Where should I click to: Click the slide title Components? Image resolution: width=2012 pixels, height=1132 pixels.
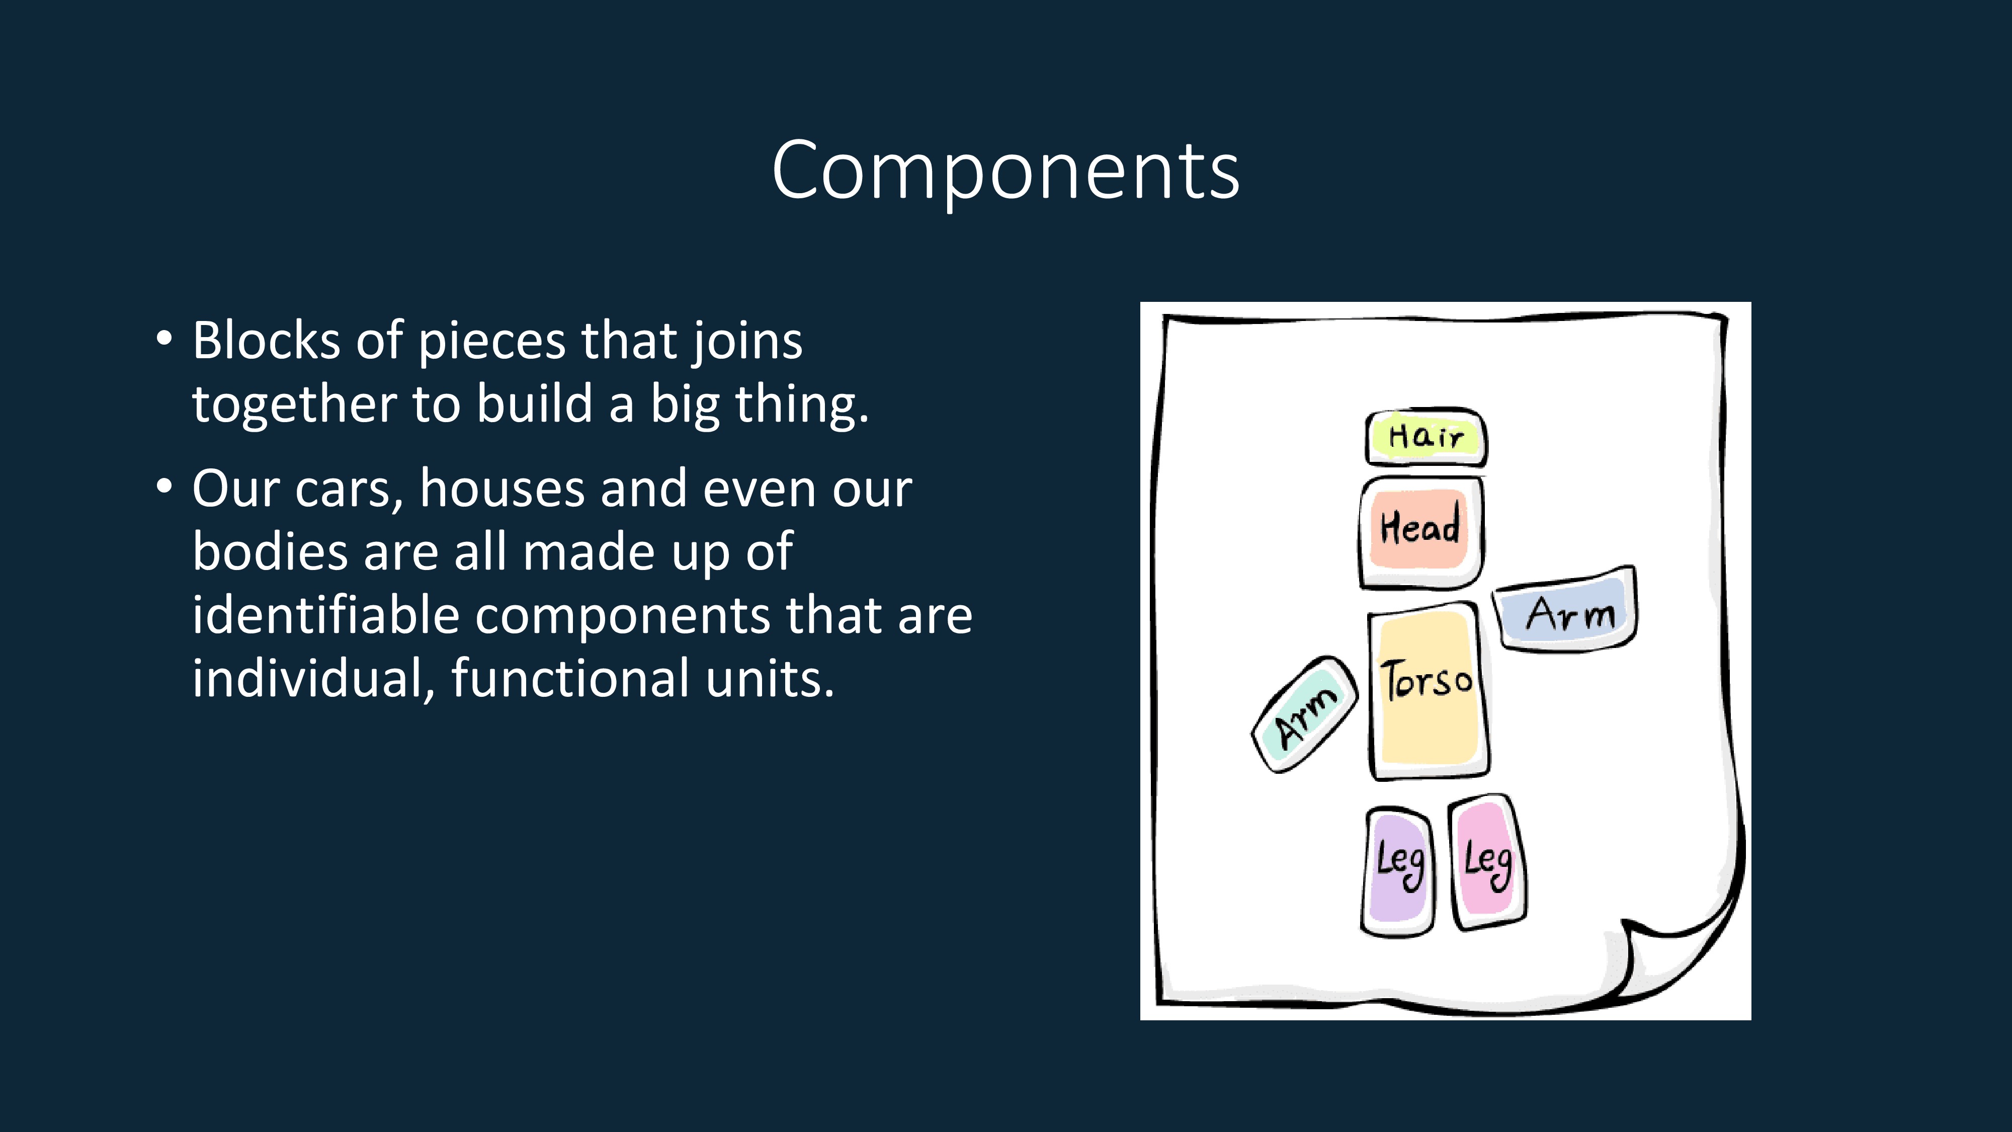click(1005, 171)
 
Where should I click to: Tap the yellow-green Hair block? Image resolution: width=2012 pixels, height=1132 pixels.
click(1426, 437)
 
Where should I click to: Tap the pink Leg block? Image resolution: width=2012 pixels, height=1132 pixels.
click(1487, 862)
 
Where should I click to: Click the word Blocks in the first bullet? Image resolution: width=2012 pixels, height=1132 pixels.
click(266, 342)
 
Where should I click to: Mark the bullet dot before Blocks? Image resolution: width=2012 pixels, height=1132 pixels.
click(163, 338)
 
